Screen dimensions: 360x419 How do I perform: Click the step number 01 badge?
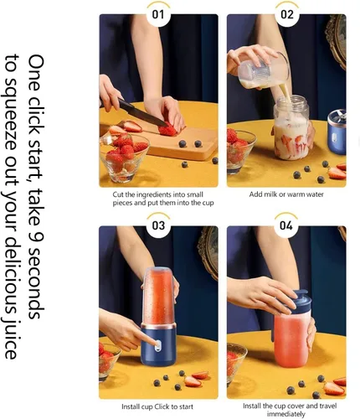pos(158,14)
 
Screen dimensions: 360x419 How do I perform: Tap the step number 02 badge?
pos(287,14)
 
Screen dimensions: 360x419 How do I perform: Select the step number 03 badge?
pos(158,225)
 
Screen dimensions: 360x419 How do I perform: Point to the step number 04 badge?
pos(286,225)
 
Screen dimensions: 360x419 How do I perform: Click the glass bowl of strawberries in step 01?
pos(123,157)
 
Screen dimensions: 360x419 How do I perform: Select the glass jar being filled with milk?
pos(291,127)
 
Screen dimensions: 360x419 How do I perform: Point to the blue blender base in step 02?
pos(337,132)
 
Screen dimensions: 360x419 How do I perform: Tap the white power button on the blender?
pos(158,345)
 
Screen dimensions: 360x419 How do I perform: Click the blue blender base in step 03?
pos(158,344)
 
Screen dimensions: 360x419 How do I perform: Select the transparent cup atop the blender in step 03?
pos(160,296)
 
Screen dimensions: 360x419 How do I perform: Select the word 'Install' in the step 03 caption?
pos(131,406)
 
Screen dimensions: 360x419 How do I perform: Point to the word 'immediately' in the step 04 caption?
pos(285,414)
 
